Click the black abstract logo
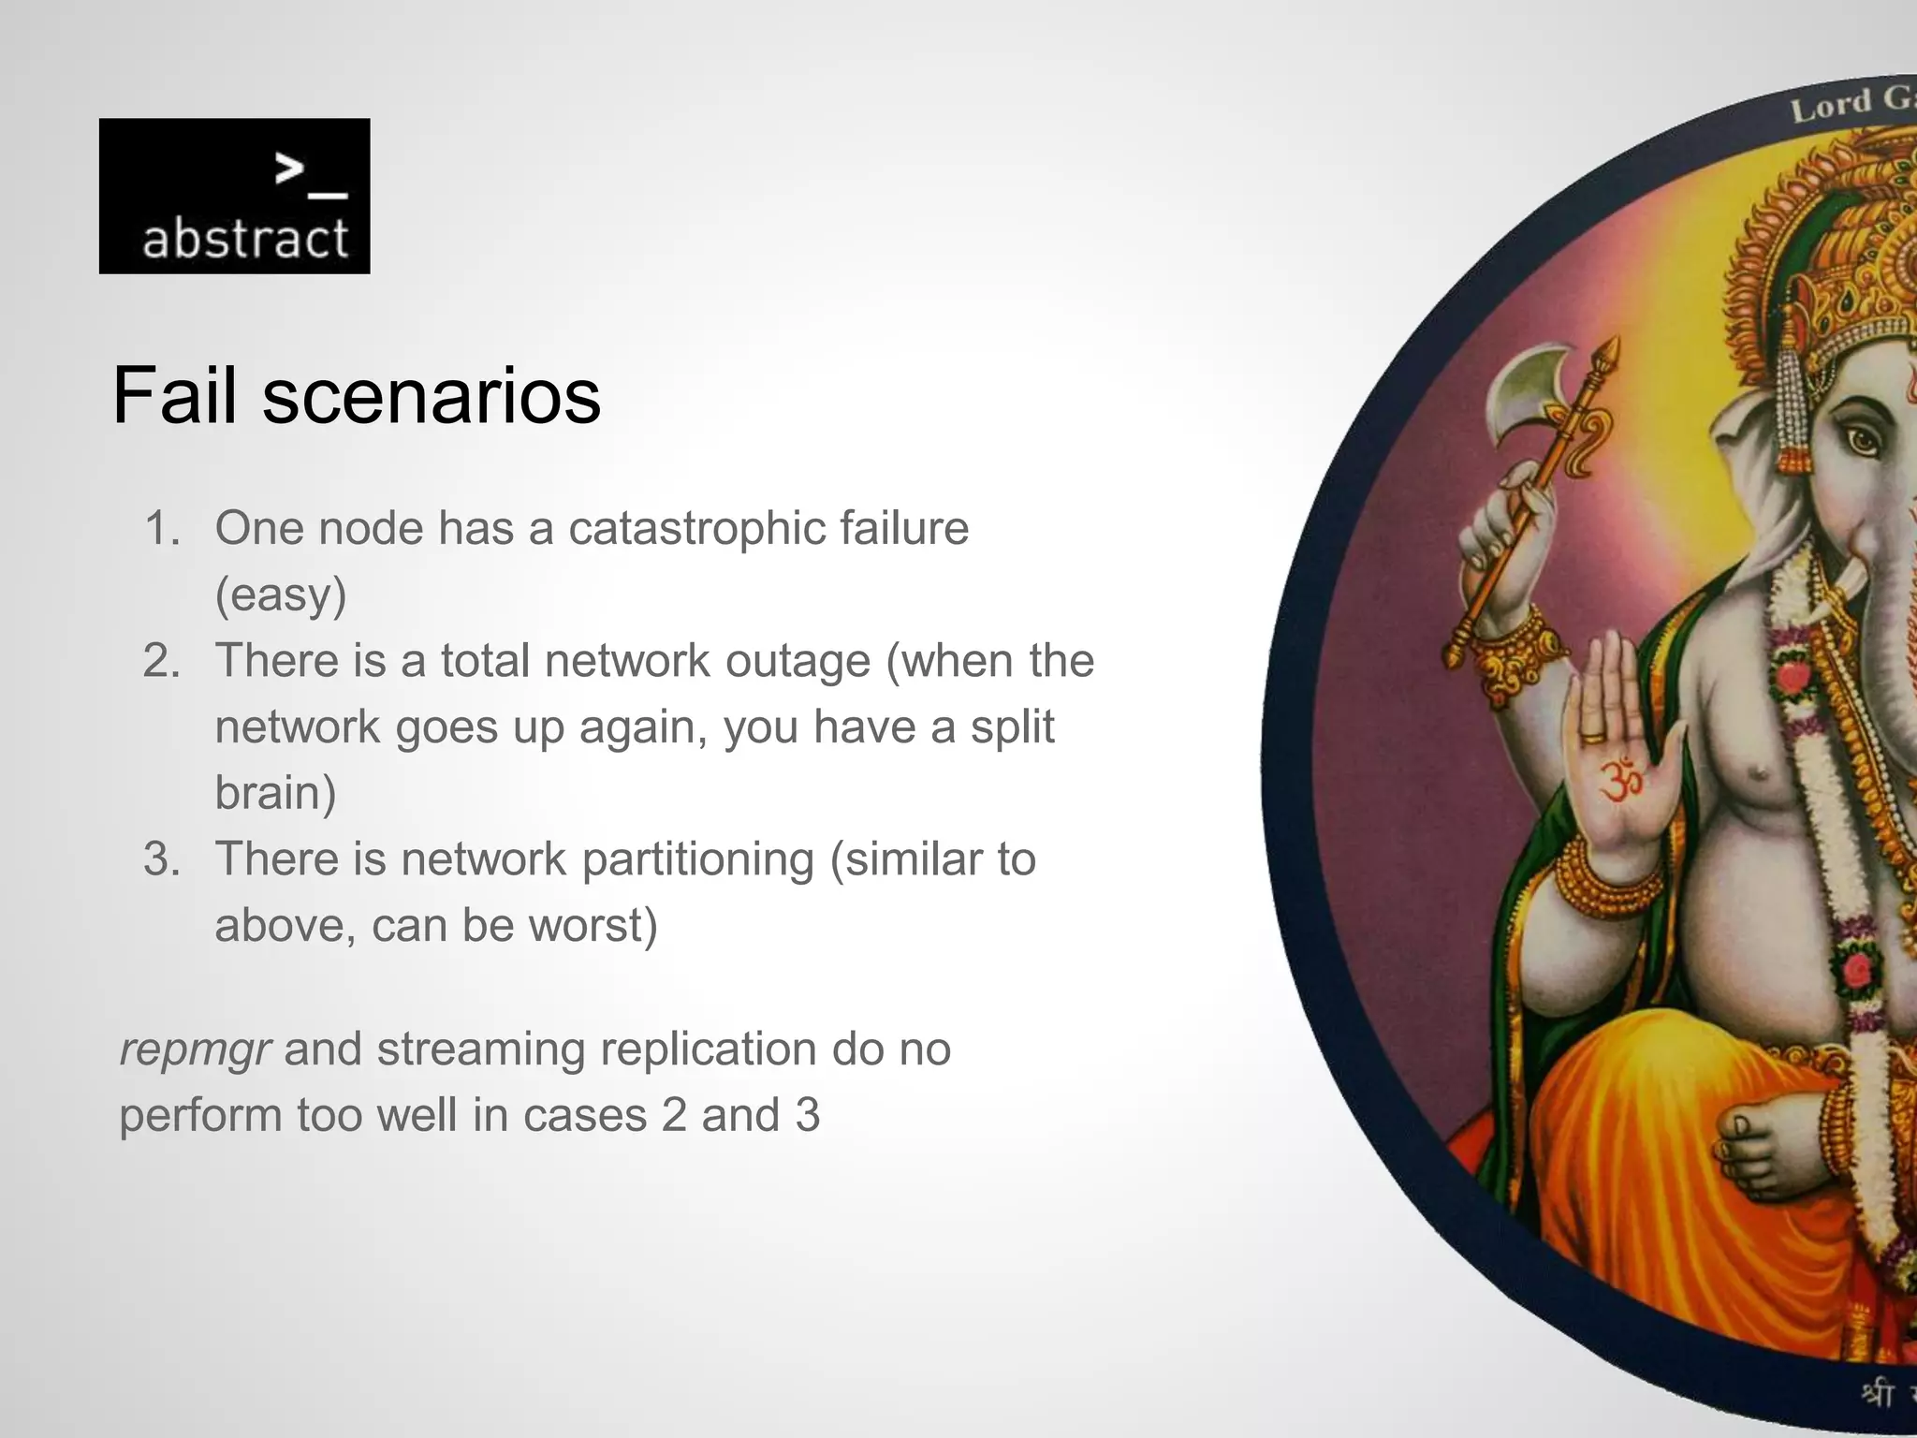point(234,196)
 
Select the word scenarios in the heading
point(432,396)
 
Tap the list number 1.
point(161,528)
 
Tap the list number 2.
point(161,661)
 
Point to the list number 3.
point(161,859)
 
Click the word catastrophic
point(695,528)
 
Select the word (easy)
point(281,595)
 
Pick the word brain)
point(275,794)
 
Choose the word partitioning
point(697,859)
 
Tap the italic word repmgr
point(195,1049)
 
